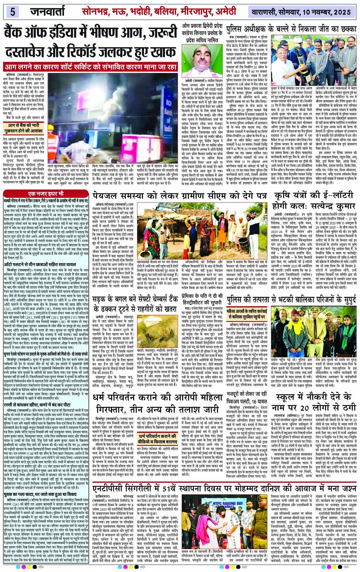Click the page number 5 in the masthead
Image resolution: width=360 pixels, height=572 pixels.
pos(12,12)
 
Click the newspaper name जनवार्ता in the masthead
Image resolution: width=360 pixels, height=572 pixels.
pos(48,12)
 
